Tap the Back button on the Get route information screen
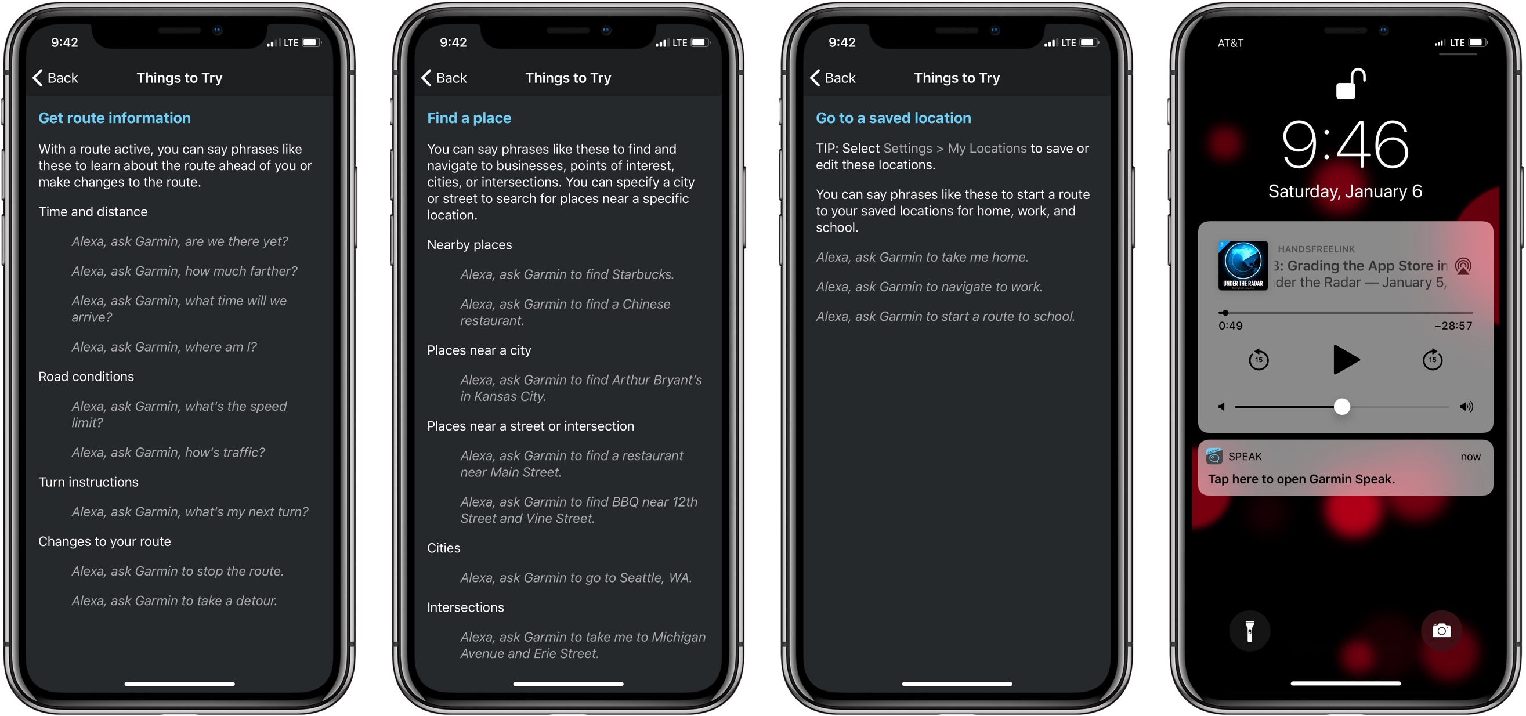click(55, 78)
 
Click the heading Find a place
click(469, 118)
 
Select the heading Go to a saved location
click(894, 118)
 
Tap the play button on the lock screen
click(1346, 360)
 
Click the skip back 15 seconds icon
click(1259, 360)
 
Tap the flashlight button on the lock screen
click(1249, 631)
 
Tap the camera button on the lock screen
click(1441, 631)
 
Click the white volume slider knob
click(1341, 406)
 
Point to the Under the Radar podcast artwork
click(1243, 265)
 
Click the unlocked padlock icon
click(1351, 84)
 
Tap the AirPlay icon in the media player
click(1463, 266)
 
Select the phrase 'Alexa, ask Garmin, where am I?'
click(164, 347)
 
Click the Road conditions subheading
click(86, 377)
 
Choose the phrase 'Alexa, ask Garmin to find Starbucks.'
click(567, 275)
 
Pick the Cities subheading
click(444, 548)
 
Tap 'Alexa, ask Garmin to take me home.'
click(922, 257)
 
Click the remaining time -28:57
click(1453, 326)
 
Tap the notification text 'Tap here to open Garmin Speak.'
click(1301, 479)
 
